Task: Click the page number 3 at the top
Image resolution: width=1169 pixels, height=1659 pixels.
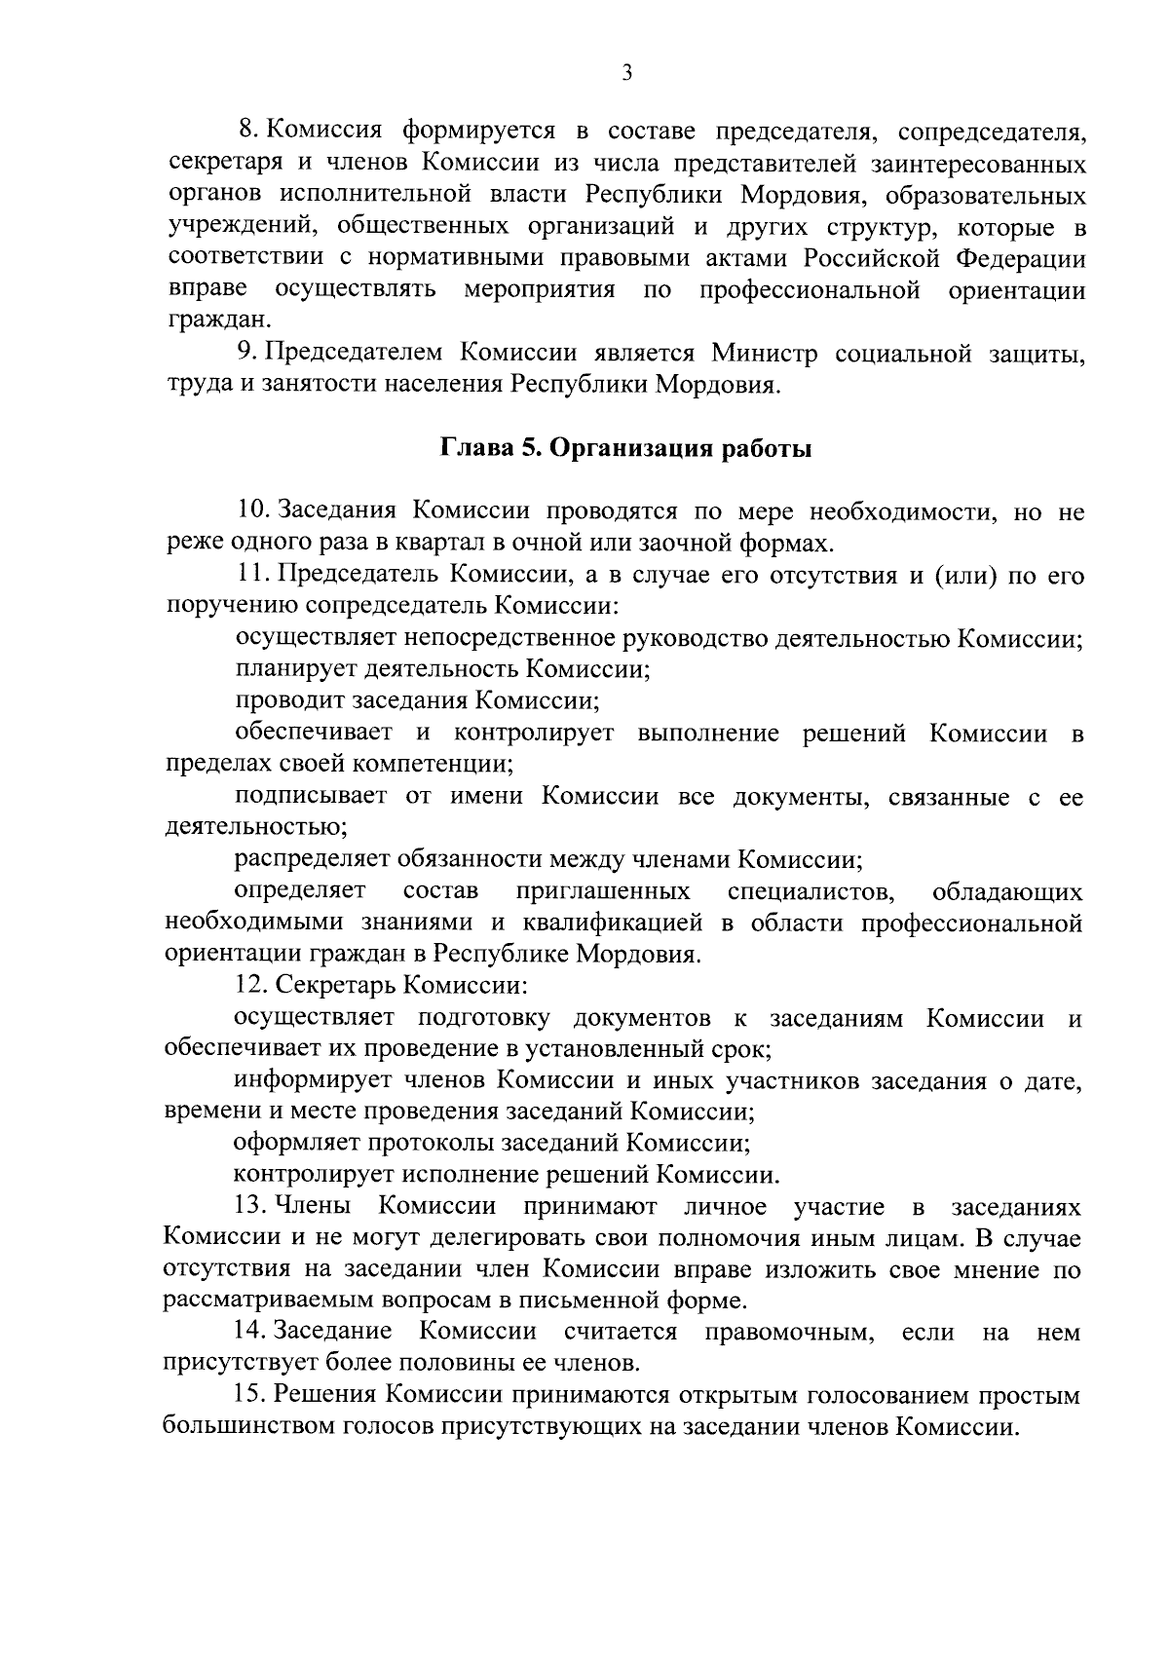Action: (626, 73)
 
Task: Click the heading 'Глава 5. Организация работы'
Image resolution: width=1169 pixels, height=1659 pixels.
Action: (626, 449)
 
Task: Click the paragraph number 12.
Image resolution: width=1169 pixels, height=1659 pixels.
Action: (250, 986)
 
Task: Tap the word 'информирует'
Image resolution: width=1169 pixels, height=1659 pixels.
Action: (311, 1079)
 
